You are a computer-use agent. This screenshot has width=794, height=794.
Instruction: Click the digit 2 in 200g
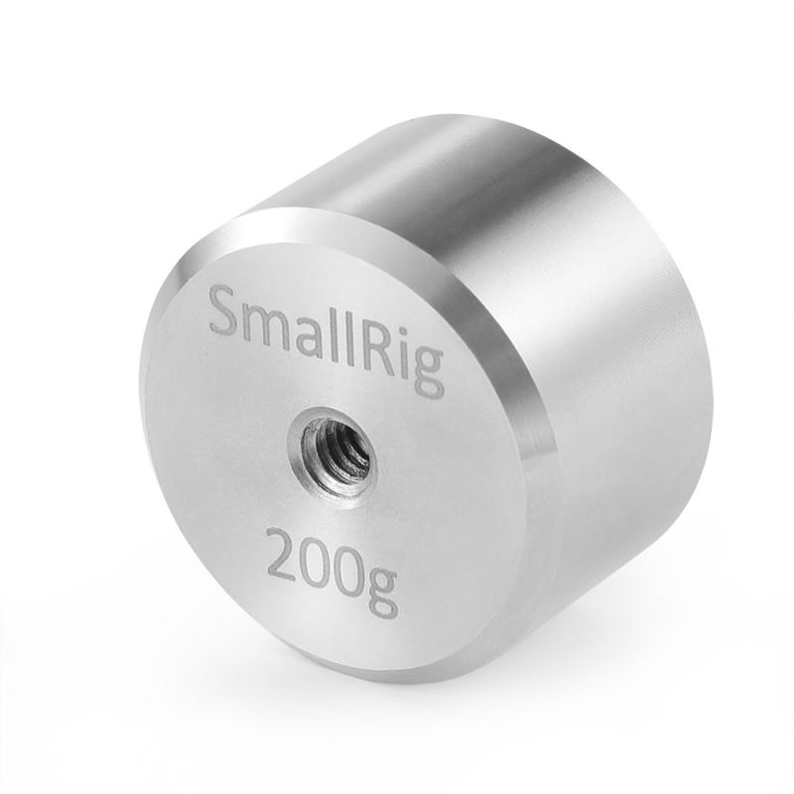pyautogui.click(x=282, y=557)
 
